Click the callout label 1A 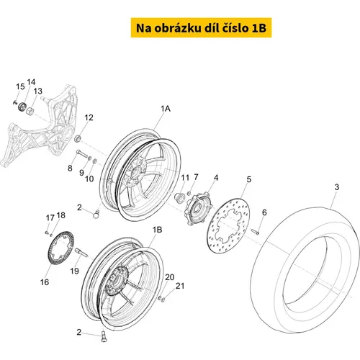pyautogui.click(x=166, y=109)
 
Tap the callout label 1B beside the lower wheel pyautogui.click(x=157, y=230)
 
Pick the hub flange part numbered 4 pyautogui.click(x=199, y=208)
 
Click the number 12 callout pyautogui.click(x=89, y=117)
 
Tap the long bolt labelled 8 pyautogui.click(x=82, y=153)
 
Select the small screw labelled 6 pyautogui.click(x=255, y=232)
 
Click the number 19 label pyautogui.click(x=74, y=271)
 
